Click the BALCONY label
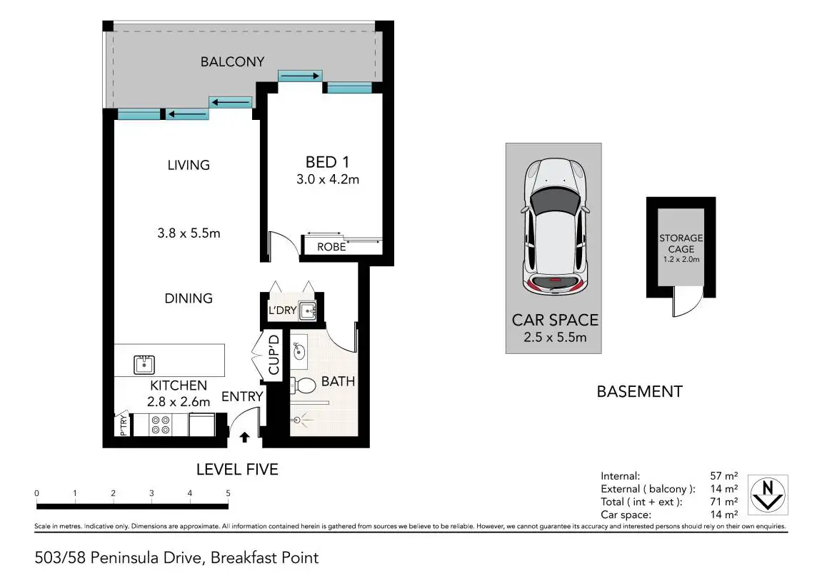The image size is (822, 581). (232, 62)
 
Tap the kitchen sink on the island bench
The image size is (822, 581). (144, 364)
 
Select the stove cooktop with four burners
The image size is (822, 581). (160, 425)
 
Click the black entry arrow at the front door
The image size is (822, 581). (244, 437)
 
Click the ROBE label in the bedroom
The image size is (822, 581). (331, 247)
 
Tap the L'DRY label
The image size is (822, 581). (283, 310)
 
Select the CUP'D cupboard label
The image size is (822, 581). (274, 355)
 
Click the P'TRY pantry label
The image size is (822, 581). (124, 425)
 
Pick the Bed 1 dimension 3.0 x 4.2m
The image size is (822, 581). (328, 179)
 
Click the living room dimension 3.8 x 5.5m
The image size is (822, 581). (189, 233)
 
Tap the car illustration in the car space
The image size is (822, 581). (554, 226)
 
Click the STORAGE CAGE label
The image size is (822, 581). (681, 243)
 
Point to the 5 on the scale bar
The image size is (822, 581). (228, 493)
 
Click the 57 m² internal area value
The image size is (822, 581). (724, 475)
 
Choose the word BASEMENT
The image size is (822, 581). (640, 391)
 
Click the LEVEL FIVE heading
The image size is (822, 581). (238, 470)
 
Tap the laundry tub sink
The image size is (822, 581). (307, 310)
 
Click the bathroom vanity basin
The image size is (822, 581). (299, 351)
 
